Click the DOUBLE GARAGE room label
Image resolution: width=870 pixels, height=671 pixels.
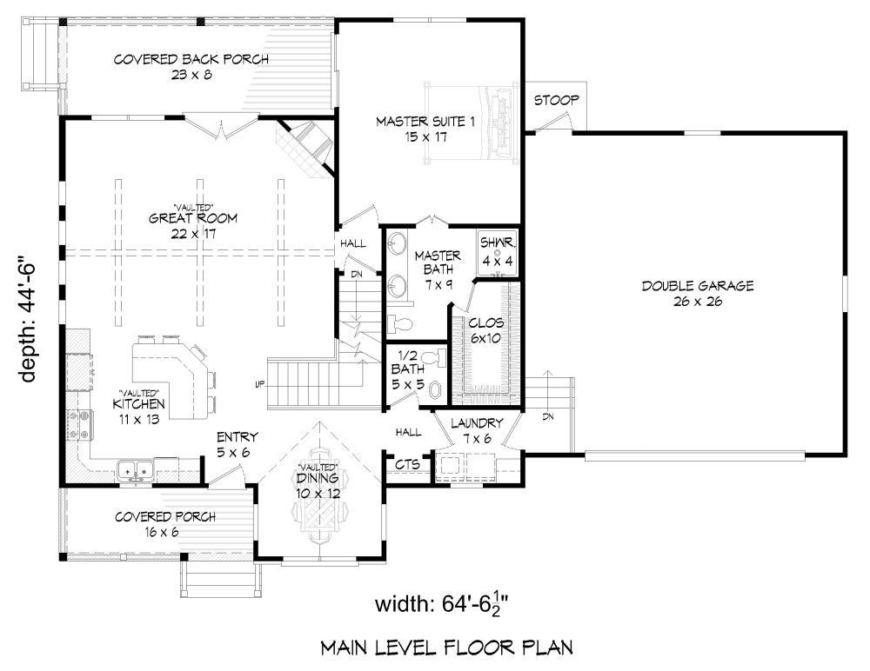tap(698, 294)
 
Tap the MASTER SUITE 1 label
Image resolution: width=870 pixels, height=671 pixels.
tap(425, 129)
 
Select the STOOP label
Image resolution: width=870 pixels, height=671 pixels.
tap(557, 100)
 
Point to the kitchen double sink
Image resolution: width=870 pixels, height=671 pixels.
tap(136, 471)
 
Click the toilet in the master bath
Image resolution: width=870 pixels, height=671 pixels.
tap(399, 322)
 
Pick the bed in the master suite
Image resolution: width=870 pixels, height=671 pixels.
tap(472, 122)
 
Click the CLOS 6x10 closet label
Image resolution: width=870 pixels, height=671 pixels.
tap(486, 330)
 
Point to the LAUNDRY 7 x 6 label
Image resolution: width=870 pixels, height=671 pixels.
tap(477, 431)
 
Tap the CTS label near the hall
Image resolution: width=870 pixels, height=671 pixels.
tap(408, 463)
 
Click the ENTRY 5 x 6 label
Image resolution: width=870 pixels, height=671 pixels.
tap(233, 445)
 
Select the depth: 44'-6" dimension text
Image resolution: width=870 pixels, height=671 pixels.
tap(28, 319)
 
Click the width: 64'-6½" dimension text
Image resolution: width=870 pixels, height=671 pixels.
tap(442, 604)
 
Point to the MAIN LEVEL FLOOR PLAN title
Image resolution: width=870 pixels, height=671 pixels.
tap(447, 648)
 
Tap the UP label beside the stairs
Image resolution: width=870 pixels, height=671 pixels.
tap(258, 383)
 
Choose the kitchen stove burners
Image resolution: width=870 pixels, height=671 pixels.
tap(79, 424)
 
